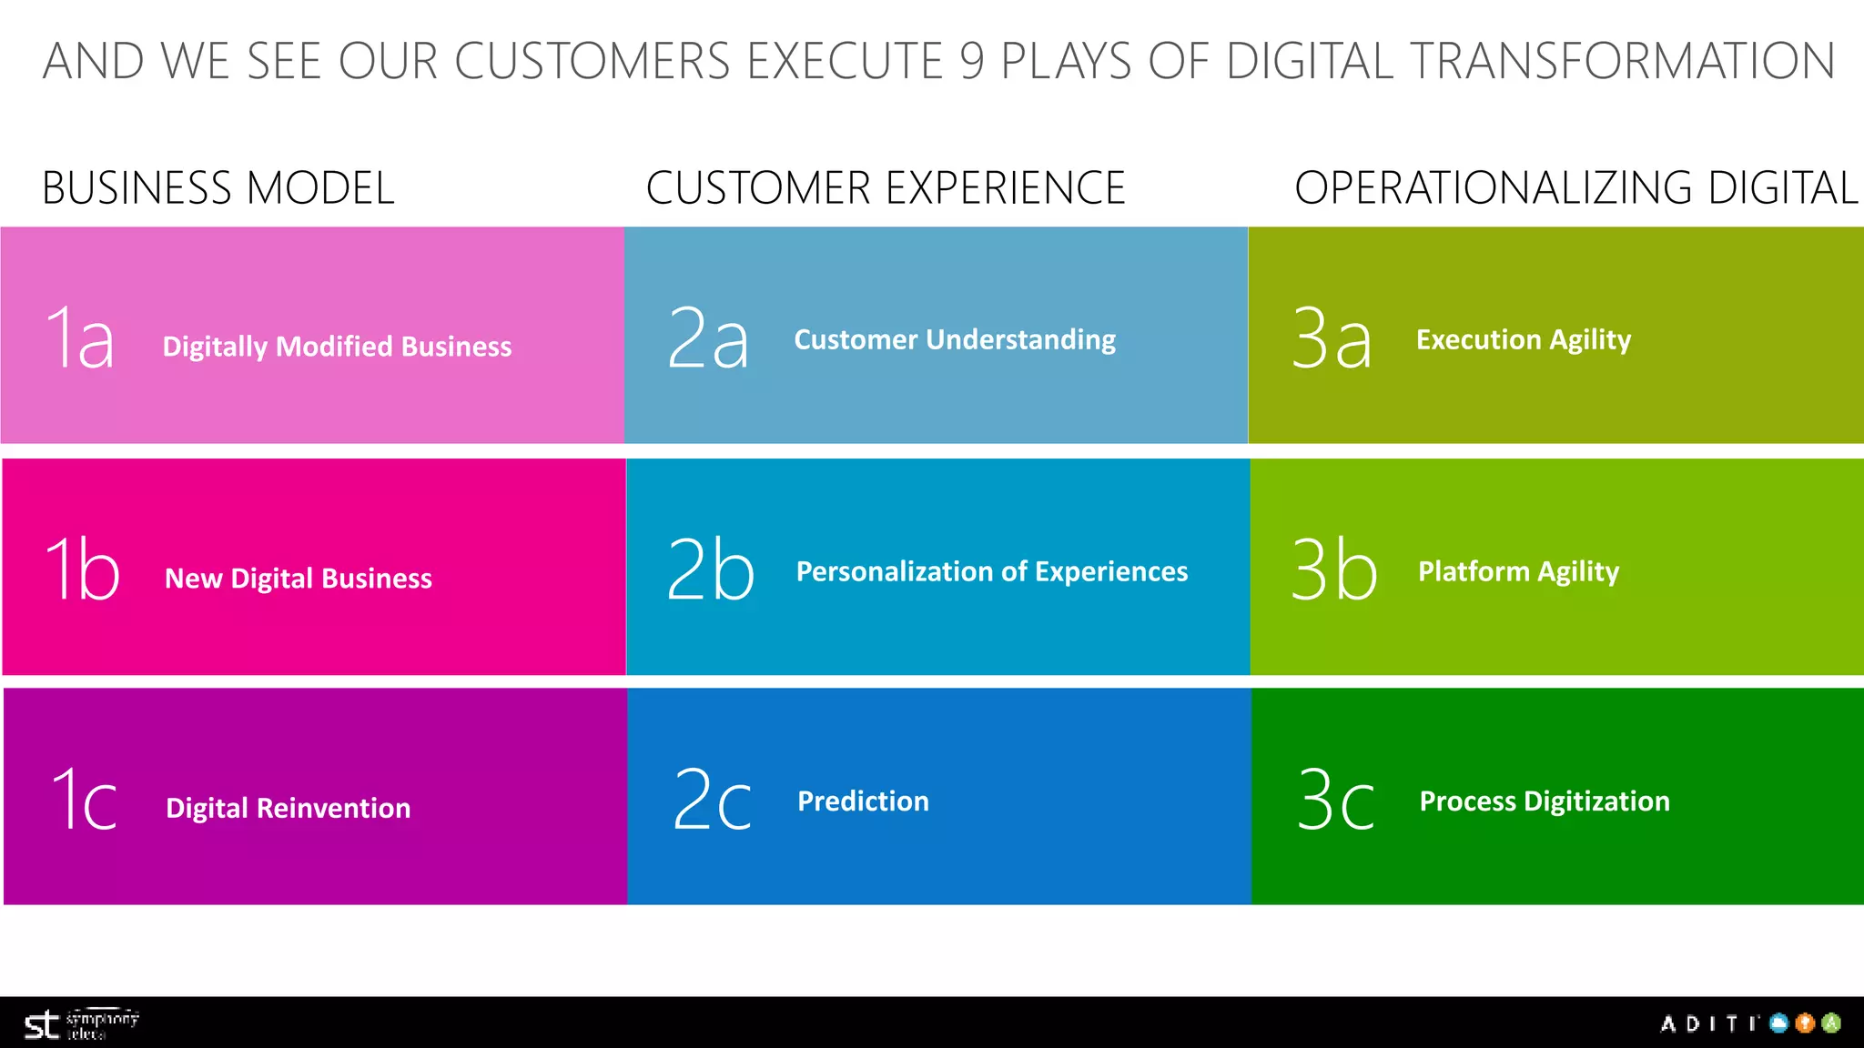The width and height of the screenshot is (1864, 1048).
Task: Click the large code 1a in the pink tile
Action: click(x=80, y=338)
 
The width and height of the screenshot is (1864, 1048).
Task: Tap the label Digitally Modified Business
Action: click(x=337, y=347)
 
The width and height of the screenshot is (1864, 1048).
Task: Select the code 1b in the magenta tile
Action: click(x=82, y=569)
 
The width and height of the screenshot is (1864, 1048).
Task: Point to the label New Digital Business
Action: click(x=299, y=579)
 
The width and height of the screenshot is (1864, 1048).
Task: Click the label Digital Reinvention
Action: click(x=288, y=808)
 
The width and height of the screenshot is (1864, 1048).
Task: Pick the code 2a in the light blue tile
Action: click(x=708, y=338)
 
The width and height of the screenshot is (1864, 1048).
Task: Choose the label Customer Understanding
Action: click(x=955, y=339)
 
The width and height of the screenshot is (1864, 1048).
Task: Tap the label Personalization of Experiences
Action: click(x=992, y=571)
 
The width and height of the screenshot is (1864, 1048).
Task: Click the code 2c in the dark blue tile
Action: click(x=712, y=801)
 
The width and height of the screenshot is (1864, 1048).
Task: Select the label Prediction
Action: click(x=863, y=801)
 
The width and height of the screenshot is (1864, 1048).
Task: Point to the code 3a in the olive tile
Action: click(x=1332, y=338)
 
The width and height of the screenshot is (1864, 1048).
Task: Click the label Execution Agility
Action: click(x=1524, y=339)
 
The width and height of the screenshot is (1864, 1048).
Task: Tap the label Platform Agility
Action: click(x=1518, y=571)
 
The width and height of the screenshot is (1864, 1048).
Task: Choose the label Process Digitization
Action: click(x=1545, y=801)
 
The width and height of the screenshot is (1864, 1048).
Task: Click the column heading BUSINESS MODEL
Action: click(x=218, y=188)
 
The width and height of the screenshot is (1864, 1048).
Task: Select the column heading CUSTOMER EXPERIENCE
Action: click(x=886, y=188)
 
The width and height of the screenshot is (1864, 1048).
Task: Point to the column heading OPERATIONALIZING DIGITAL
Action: click(x=1576, y=188)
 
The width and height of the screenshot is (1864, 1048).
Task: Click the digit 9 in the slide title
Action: click(x=972, y=62)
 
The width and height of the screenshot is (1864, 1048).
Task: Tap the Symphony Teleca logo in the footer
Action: click(x=80, y=1024)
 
